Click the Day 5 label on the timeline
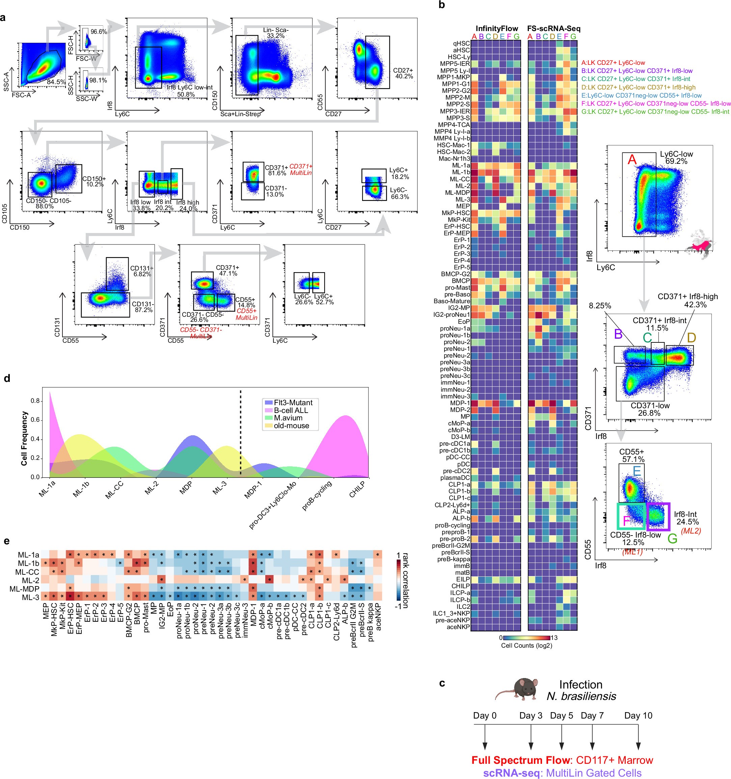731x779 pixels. pos(561,716)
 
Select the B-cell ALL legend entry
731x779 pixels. pos(291,410)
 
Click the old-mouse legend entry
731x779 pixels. pos(291,425)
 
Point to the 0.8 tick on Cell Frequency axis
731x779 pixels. pos(35,401)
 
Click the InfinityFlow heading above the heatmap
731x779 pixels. pos(496,29)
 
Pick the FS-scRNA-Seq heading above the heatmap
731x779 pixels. pos(553,29)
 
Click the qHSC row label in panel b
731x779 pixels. pos(461,44)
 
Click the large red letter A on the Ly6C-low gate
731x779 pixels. pos(632,160)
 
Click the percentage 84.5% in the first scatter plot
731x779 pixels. pos(56,82)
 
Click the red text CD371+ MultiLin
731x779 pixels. pos(300,170)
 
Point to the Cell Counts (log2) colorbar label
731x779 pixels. pos(526,645)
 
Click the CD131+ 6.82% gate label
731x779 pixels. pos(142,271)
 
